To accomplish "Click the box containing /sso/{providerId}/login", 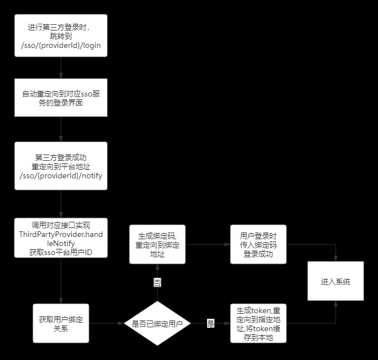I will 60,36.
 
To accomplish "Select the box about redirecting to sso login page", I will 60,98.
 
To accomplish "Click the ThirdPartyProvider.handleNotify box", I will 60,238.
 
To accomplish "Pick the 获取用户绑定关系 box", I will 60,323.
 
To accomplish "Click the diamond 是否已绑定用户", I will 157,323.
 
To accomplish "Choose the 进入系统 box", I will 335,281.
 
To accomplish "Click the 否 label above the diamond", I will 157,282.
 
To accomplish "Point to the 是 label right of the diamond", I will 211,323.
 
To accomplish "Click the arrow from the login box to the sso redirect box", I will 60,67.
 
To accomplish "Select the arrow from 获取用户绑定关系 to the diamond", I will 106,323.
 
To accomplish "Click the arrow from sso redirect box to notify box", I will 60,129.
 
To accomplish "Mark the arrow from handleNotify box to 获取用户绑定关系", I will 60,280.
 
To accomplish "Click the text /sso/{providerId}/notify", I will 60,176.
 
